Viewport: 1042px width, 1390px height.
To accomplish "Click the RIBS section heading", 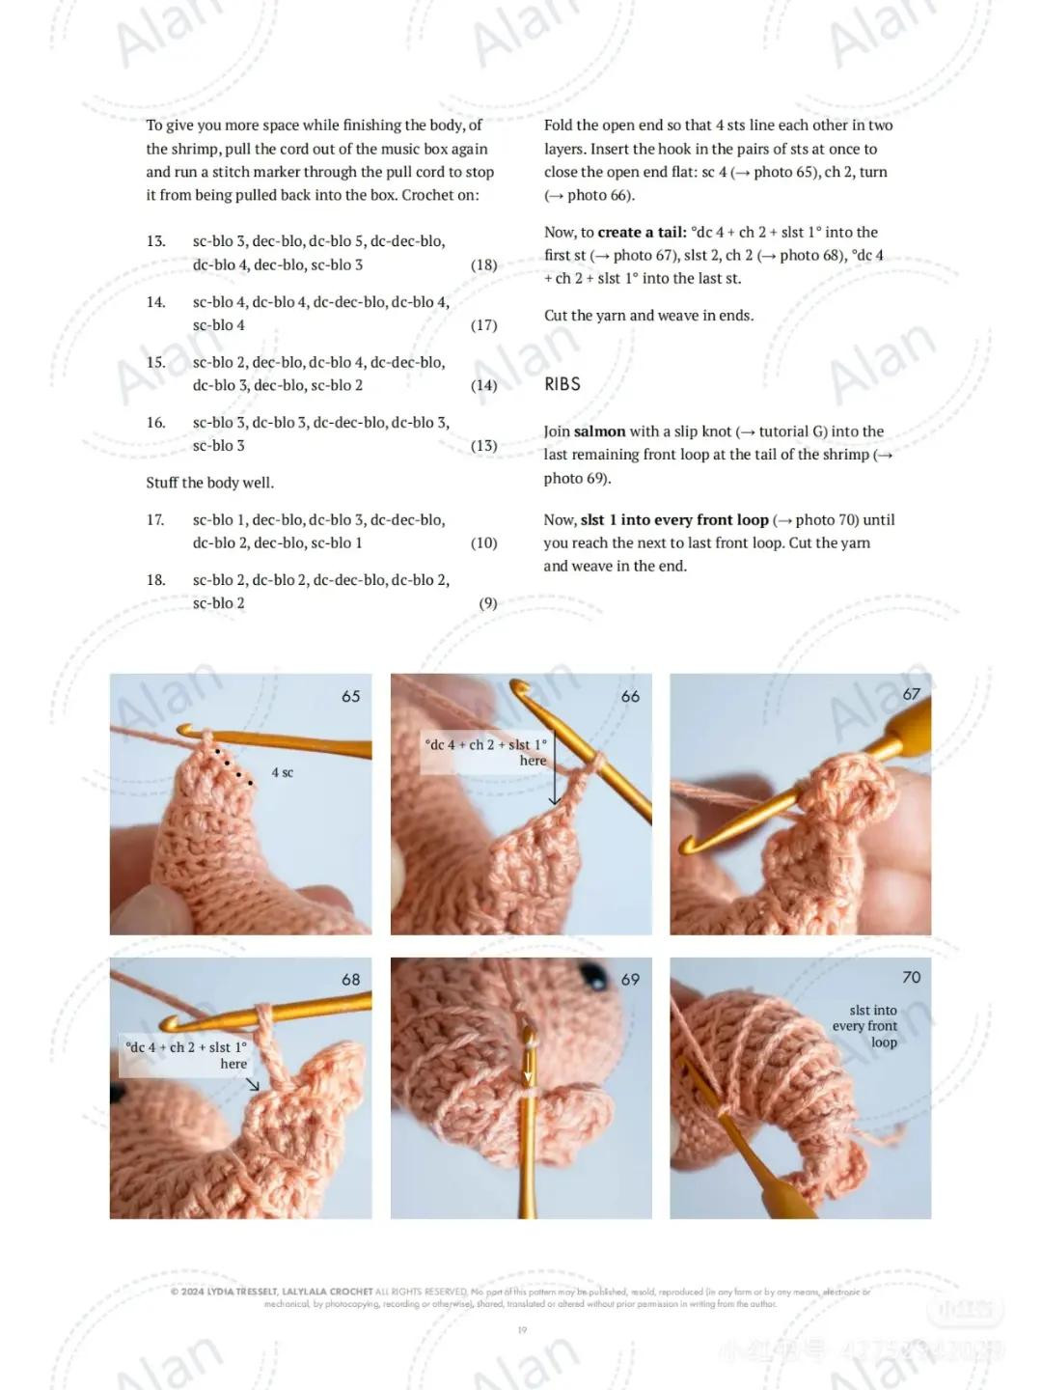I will pos(562,384).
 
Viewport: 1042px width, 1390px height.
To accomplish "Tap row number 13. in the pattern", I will pos(155,241).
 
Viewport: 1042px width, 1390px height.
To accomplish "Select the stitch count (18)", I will pos(483,264).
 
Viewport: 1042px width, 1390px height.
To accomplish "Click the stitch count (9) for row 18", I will pos(488,603).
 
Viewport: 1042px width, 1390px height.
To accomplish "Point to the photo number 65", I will pos(350,696).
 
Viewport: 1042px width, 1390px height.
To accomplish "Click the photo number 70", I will pos(911,978).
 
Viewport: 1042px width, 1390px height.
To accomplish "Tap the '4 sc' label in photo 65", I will pos(282,772).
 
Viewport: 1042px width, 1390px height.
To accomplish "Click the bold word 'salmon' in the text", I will pos(599,431).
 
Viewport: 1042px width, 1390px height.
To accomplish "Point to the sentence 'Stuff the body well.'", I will pos(209,483).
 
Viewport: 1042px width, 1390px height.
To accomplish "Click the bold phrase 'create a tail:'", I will pos(642,233).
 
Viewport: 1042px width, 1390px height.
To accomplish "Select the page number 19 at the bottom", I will pos(522,1330).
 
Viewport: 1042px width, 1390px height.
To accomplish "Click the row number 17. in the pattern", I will pos(155,520).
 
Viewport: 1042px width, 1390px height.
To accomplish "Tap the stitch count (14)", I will pos(483,385).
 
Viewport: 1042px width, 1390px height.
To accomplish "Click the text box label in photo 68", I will pos(185,1055).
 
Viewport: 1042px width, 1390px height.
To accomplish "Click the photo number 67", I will pos(911,694).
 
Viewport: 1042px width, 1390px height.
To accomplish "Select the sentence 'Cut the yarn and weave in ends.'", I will pos(648,316).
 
